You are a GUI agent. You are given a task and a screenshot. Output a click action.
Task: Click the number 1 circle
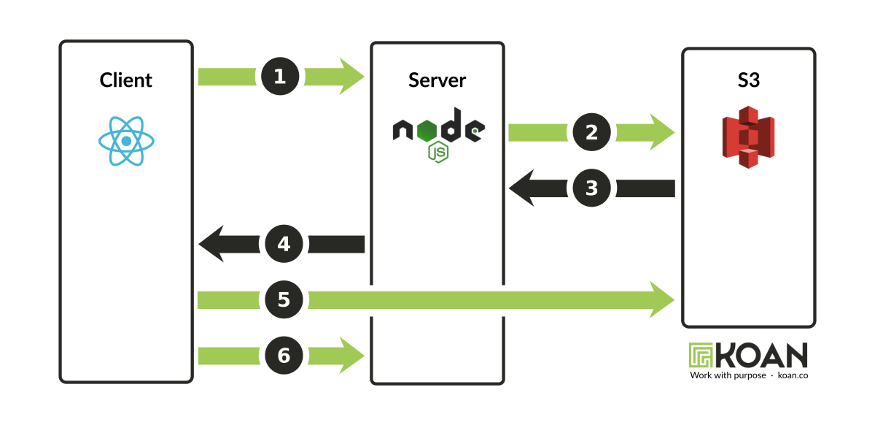(280, 77)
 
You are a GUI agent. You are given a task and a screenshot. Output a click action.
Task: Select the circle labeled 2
(592, 132)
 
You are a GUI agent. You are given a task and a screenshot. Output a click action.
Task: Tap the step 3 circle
(592, 188)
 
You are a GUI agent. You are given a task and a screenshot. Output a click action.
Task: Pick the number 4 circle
(284, 244)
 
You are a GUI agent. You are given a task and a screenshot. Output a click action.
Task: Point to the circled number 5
(284, 299)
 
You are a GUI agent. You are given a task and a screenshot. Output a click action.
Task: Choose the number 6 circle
(284, 356)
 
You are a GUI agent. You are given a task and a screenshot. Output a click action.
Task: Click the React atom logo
(127, 140)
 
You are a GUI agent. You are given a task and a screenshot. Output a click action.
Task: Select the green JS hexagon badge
(437, 153)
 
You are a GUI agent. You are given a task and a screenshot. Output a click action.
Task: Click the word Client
(126, 80)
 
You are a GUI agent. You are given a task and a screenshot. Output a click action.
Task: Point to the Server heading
(437, 80)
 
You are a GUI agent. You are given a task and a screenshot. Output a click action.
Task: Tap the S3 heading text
(748, 80)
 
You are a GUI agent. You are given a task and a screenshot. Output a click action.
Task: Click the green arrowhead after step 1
(351, 77)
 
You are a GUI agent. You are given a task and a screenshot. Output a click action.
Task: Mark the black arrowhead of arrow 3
(522, 188)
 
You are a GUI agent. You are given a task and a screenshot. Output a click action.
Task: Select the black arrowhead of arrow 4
(211, 244)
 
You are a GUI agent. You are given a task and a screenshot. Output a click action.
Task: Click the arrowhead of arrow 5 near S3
(661, 299)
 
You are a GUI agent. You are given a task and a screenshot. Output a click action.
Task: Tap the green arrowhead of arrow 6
(351, 356)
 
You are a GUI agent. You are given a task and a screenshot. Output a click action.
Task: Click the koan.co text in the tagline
(793, 375)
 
